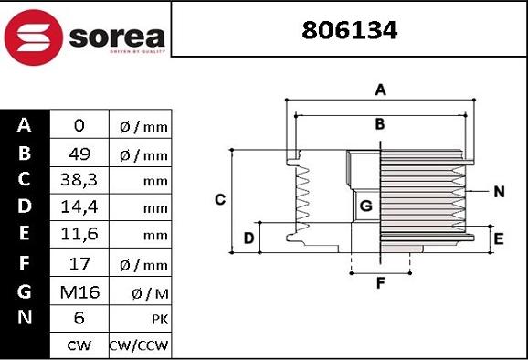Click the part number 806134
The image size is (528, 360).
pos(350,31)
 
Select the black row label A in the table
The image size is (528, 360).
pos(25,125)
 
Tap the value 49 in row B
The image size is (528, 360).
pos(79,154)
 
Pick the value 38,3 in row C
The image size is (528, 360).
pos(79,181)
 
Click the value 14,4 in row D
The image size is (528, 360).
pos(79,208)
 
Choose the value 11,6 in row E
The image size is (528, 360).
pos(79,236)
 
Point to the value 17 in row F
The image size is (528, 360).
pos(79,264)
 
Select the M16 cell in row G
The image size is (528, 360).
pos(79,291)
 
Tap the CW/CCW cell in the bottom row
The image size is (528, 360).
pos(140,346)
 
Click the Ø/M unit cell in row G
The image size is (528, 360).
pos(140,292)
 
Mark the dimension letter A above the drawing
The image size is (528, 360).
pos(381,90)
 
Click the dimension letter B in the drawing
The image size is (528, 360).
pos(380,124)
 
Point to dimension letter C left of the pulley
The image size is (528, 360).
pos(220,199)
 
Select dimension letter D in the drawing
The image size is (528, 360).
pos(248,238)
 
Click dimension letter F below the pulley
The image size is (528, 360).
pos(380,283)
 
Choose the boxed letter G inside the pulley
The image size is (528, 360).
pos(365,206)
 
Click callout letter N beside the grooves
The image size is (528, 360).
pos(499,192)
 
